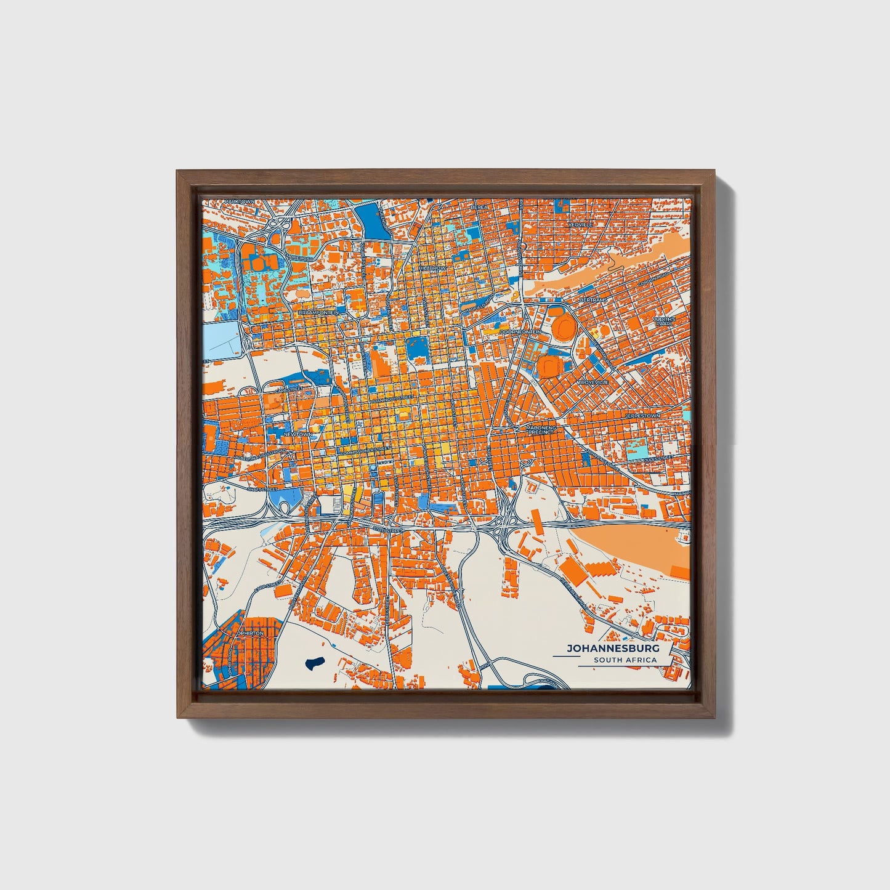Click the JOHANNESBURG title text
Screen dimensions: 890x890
[x=613, y=649]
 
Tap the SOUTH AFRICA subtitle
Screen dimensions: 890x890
[x=625, y=660]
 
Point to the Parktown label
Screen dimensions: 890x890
[x=240, y=201]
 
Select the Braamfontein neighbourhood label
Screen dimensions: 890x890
[x=318, y=313]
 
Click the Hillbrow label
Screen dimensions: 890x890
[x=432, y=269]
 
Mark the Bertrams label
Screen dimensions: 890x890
[x=594, y=300]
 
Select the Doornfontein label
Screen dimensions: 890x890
[x=520, y=332]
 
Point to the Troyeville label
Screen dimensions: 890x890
[x=593, y=382]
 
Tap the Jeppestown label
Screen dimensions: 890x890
[x=642, y=416]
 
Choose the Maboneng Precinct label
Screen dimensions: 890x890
[x=540, y=429]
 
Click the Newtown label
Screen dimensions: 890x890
[x=297, y=434]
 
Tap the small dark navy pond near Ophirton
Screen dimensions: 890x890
[x=314, y=663]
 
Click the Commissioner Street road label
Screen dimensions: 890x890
[x=365, y=450]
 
